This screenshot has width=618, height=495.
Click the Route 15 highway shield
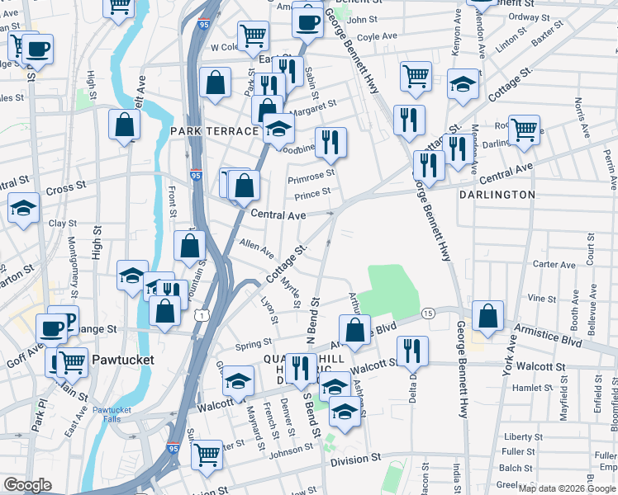[428, 313]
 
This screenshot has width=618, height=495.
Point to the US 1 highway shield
[200, 314]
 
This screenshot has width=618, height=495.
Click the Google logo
[28, 485]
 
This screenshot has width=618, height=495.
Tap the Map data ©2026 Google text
[566, 488]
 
